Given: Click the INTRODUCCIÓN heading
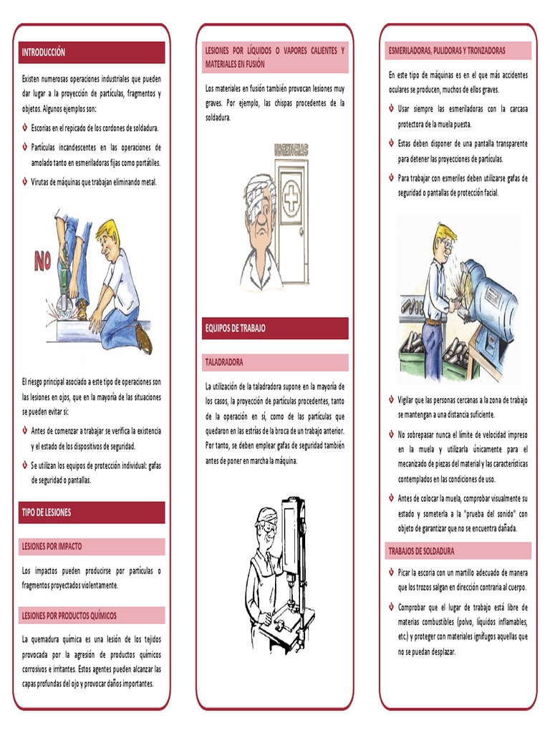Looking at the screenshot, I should tap(44, 52).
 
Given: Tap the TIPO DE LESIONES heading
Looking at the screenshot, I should tap(47, 513).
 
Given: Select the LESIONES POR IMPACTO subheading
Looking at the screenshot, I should tap(52, 546).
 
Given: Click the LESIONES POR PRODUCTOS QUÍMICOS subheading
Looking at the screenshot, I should tap(69, 616).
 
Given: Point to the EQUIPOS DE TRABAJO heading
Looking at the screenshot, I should tap(236, 328).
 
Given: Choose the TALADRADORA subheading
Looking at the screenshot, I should tap(224, 363).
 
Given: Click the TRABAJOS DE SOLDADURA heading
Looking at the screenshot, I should tap(421, 551).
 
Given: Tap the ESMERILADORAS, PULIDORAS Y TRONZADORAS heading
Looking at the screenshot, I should tap(447, 51).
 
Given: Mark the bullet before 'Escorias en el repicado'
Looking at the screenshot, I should tap(26, 128).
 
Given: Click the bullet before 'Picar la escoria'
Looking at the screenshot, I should tap(391, 573).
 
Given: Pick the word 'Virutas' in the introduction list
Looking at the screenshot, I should tap(43, 182).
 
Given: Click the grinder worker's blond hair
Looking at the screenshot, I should tap(445, 233).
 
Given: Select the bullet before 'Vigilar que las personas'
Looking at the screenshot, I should tap(391, 400).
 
